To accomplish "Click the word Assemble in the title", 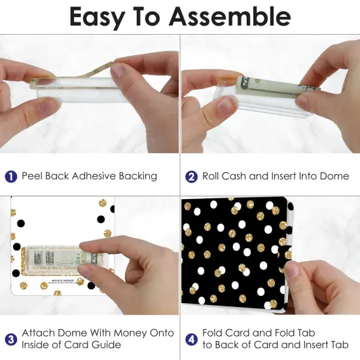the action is pyautogui.click(x=230, y=17).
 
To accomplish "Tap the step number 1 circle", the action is pyautogui.click(x=10, y=177).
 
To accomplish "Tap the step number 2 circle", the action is pyautogui.click(x=191, y=177).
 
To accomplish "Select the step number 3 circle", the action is pyautogui.click(x=10, y=340).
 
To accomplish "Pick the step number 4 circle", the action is pyautogui.click(x=191, y=340).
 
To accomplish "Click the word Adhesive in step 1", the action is pyautogui.click(x=94, y=176).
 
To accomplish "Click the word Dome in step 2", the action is pyautogui.click(x=334, y=176).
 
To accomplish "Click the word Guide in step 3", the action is pyautogui.click(x=106, y=344).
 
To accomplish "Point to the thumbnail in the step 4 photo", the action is pyautogui.click(x=291, y=269).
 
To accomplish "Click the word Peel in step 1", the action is pyautogui.click(x=32, y=176).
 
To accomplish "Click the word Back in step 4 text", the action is pyautogui.click(x=226, y=344).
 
